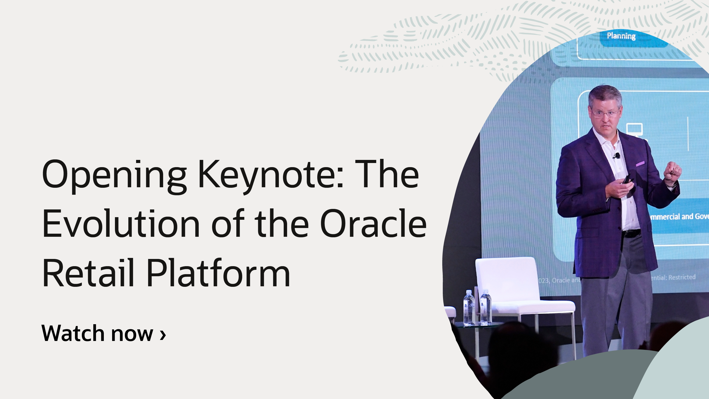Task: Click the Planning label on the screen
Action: pos(621,36)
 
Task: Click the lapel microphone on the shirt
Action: pos(617,156)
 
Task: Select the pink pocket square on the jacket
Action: pos(640,164)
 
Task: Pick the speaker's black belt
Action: pos(631,233)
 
